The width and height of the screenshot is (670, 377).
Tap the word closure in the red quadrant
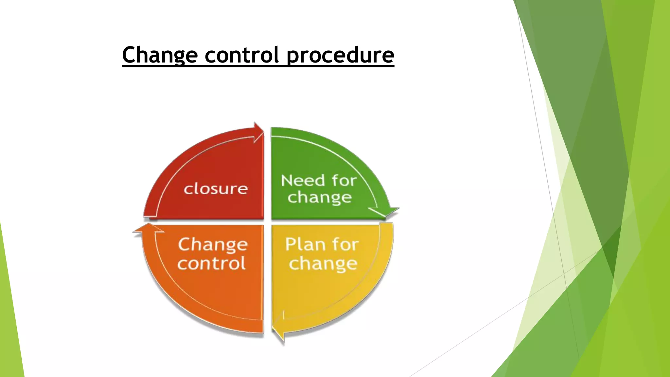pyautogui.click(x=216, y=189)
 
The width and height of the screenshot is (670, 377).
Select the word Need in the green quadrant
pyautogui.click(x=303, y=181)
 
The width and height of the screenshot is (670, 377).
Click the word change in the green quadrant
pyautogui.click(x=320, y=198)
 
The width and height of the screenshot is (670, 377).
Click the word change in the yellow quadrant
pyautogui.click(x=323, y=264)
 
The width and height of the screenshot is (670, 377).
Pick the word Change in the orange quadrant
pyautogui.click(x=213, y=245)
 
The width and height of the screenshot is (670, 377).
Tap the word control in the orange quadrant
pyautogui.click(x=212, y=263)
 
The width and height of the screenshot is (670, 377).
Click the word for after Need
pyautogui.click(x=344, y=181)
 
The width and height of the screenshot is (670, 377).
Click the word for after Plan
pyautogui.click(x=345, y=244)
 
